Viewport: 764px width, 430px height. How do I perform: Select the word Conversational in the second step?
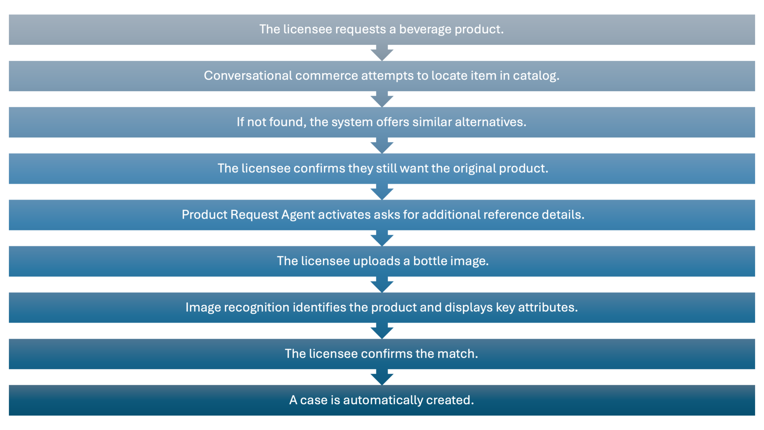[248, 76]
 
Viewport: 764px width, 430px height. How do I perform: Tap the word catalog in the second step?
[536, 76]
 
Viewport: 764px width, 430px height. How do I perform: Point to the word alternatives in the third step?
[490, 122]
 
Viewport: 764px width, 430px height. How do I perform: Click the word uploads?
[377, 261]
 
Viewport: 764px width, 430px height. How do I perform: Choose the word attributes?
[548, 307]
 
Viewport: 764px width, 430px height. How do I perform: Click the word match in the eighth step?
[458, 354]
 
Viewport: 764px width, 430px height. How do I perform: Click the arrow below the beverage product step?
[382, 53]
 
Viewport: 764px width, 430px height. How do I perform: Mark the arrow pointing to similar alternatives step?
[382, 99]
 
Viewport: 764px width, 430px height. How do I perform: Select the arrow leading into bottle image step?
[382, 238]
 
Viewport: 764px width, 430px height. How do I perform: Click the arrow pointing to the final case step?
[382, 377]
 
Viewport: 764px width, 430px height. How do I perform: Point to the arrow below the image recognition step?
[382, 331]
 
